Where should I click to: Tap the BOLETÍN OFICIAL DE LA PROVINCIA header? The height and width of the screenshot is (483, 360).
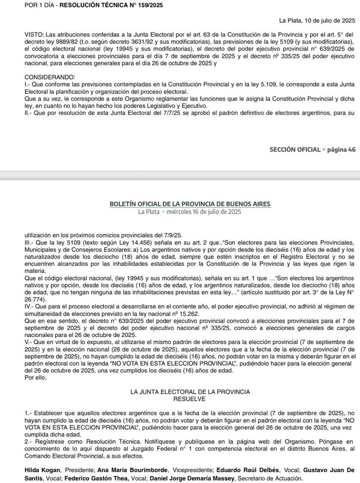[190, 203]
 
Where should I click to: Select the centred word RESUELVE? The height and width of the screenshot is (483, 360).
[189, 399]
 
